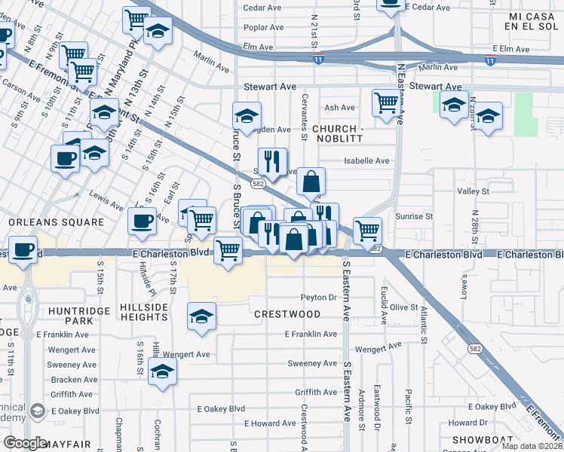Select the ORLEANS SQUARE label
click(x=56, y=222)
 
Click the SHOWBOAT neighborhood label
click(x=483, y=439)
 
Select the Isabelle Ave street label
click(x=366, y=160)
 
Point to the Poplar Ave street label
click(x=262, y=27)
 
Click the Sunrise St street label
click(x=416, y=215)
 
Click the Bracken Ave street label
click(x=73, y=380)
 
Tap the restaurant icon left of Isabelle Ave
click(x=272, y=160)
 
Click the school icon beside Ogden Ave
click(x=247, y=116)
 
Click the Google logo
click(x=25, y=443)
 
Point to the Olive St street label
click(x=403, y=307)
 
